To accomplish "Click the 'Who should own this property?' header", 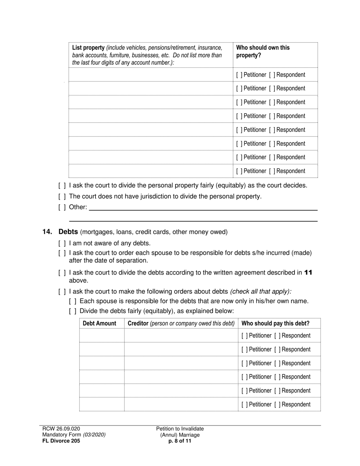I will (263, 51).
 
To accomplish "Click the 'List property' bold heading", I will (88, 48).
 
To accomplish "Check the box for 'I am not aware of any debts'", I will (62, 243).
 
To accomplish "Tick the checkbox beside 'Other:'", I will (62, 207).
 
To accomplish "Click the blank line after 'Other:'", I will (203, 208).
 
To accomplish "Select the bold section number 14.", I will (47, 232).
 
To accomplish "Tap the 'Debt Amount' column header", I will (100, 323).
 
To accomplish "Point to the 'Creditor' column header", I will (138, 323).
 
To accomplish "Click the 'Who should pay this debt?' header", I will (275, 323).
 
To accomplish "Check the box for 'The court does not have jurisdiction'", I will (62, 196).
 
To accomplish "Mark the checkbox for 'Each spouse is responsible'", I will (73, 301).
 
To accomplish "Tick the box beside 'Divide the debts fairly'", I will (73, 311).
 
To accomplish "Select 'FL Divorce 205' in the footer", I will (61, 441).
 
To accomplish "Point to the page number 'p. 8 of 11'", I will (180, 441).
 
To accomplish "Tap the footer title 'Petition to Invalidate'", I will (180, 428).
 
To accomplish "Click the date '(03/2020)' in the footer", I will (94, 435).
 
